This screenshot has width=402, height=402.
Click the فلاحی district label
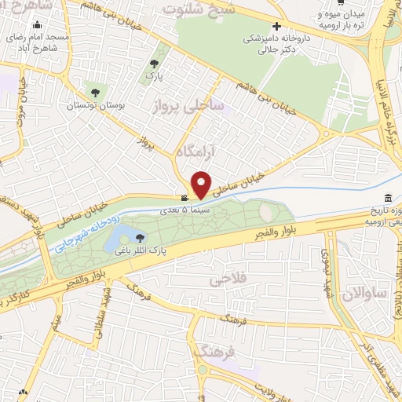pyautogui.click(x=229, y=280)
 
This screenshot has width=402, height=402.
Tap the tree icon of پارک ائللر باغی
pyautogui.click(x=141, y=237)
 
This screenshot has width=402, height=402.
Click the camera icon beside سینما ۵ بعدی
pyautogui.click(x=184, y=199)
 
